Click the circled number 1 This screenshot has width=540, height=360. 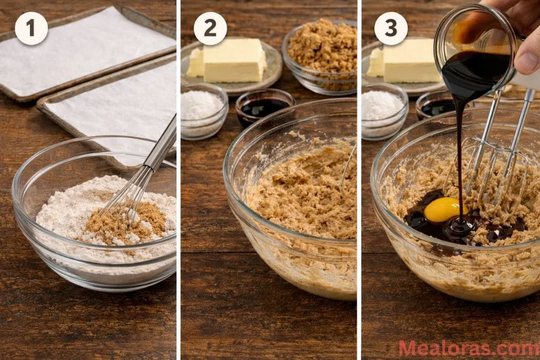point(31,28)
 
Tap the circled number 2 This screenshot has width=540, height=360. point(210,28)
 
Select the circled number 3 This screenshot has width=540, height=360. point(391,28)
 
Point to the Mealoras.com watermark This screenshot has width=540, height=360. point(468,348)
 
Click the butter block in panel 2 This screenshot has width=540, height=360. point(234,61)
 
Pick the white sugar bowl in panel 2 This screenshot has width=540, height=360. point(203,108)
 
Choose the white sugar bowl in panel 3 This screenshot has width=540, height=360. point(384,108)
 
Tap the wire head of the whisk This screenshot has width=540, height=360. point(129,195)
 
